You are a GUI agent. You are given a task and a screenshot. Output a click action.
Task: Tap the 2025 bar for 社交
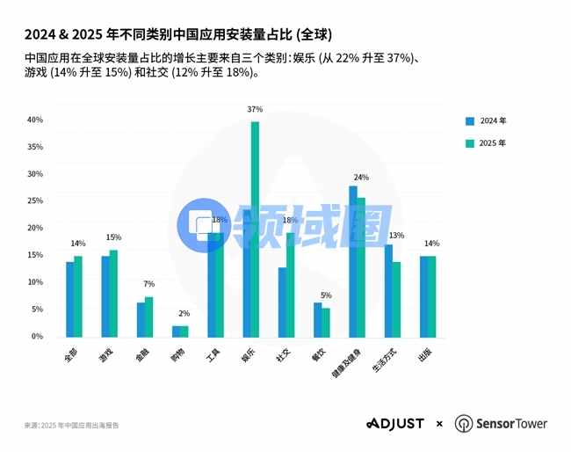[291, 284]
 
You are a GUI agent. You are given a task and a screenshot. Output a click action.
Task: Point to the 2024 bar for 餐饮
[318, 319]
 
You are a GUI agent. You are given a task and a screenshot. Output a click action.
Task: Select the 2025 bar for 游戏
[113, 293]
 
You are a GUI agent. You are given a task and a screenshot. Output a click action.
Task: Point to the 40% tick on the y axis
[35, 120]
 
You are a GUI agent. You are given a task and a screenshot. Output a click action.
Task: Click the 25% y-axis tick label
[35, 200]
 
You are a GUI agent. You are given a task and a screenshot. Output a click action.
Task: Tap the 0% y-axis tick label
[37, 336]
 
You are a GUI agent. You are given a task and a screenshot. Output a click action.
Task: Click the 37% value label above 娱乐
[255, 110]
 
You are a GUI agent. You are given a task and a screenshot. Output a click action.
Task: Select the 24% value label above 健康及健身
[361, 178]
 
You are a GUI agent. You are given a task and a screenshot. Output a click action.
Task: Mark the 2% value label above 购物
[184, 314]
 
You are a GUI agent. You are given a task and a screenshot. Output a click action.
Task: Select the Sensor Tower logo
[501, 424]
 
